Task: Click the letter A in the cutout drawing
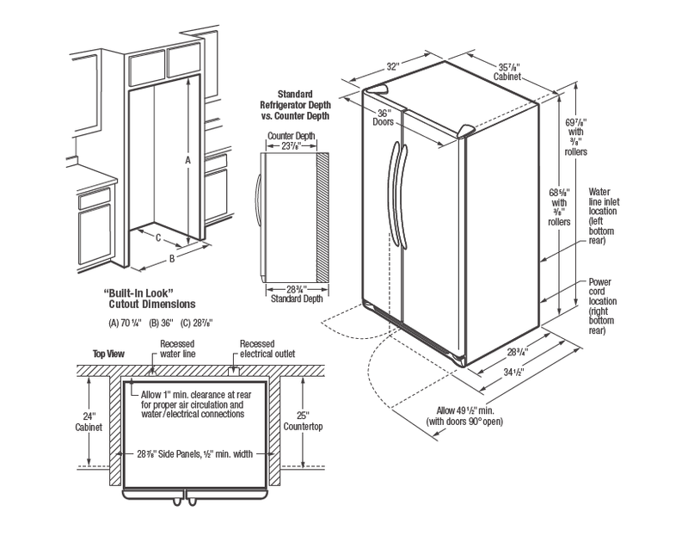pos(187,160)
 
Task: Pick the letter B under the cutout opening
pos(172,257)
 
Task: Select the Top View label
pos(108,354)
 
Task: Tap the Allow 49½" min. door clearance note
pos(464,416)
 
